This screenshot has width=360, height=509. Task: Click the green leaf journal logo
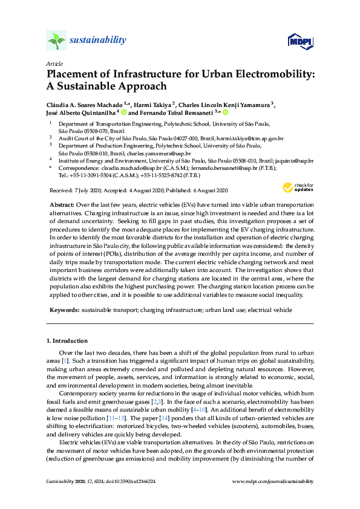(x=56, y=41)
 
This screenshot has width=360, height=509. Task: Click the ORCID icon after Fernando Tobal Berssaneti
(x=226, y=112)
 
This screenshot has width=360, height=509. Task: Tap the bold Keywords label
(x=64, y=310)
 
